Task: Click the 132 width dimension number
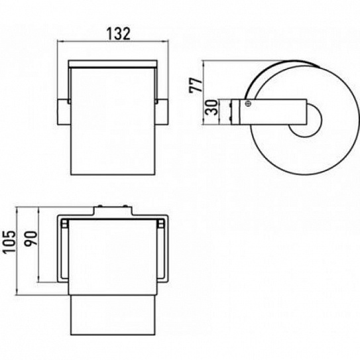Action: (x=119, y=34)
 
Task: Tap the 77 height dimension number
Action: (x=196, y=85)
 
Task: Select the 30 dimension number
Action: (x=211, y=107)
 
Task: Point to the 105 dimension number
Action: (x=9, y=242)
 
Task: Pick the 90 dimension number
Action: (x=30, y=239)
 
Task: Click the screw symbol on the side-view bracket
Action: (x=248, y=103)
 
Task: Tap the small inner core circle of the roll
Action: (x=305, y=120)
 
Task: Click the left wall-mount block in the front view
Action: (x=63, y=112)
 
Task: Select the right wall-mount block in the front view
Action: (x=162, y=112)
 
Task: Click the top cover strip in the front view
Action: (x=113, y=64)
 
